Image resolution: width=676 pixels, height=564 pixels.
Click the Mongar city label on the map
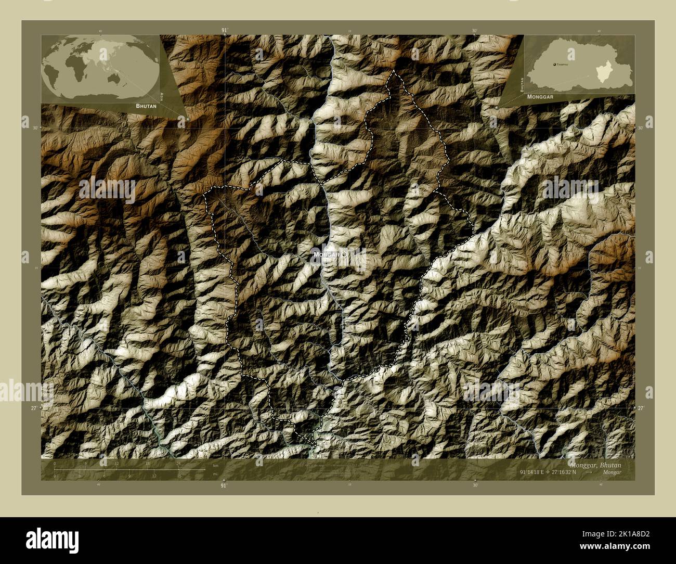point(326,255)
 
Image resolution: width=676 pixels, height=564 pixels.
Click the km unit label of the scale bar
point(215,467)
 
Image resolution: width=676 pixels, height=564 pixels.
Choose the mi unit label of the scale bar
point(215,474)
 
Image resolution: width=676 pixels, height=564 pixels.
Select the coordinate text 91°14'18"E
point(538,472)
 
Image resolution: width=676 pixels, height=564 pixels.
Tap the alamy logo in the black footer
point(49,538)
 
